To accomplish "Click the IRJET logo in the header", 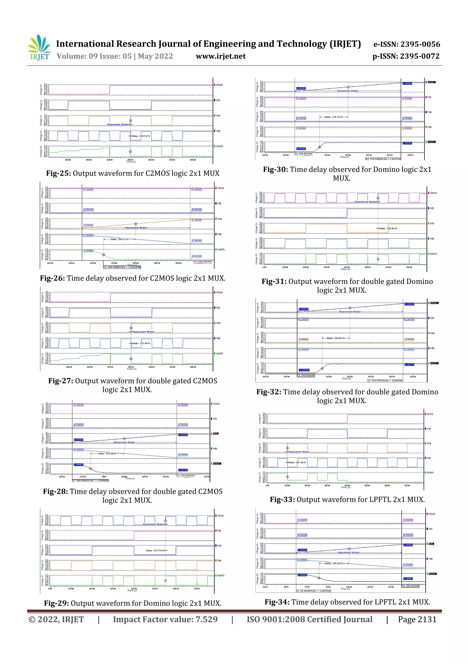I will coord(39,48).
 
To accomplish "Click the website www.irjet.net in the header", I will coord(221,56).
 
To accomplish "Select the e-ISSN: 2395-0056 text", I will coord(406,44).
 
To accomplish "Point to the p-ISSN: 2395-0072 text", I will coord(406,56).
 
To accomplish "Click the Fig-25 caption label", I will coord(58,173).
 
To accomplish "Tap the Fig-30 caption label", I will coord(275,170).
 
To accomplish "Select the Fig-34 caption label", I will coord(277,602).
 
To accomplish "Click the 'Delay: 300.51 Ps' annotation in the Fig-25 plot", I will coord(141,136).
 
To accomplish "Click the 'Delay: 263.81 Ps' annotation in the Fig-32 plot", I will coord(335,338).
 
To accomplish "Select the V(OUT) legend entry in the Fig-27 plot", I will coord(219,353).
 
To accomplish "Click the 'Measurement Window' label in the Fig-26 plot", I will coord(136,227).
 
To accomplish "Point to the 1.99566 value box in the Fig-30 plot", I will coord(407,143).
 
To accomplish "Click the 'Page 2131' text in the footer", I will coord(417,619).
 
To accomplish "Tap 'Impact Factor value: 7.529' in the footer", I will coord(165,619).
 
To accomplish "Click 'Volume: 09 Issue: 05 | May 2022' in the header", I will coord(115,56).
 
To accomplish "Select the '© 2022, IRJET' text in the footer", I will coord(56,619).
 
